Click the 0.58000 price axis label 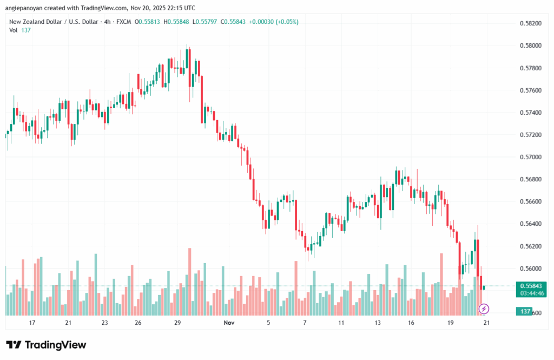point(530,45)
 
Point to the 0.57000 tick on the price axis point(530,157)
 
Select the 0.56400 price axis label point(530,224)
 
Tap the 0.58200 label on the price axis point(530,23)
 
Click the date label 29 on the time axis point(177,323)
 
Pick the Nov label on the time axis point(229,323)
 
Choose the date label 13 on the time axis point(377,323)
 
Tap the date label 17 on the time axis point(32,323)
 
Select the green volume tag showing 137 point(524,312)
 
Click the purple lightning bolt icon point(484,309)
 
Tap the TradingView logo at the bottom point(46,345)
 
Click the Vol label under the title point(14,30)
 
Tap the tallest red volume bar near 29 point(190,282)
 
